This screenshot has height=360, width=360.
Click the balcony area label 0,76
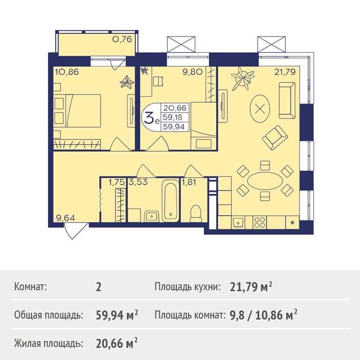[x=122, y=39]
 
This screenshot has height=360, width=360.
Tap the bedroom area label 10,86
[x=67, y=72]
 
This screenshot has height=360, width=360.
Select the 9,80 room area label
[x=193, y=72]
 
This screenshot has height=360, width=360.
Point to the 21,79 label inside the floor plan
[x=285, y=72]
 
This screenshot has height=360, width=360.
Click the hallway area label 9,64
[x=65, y=218]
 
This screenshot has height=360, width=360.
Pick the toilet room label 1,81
[x=189, y=182]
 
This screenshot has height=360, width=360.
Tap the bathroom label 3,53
[x=138, y=182]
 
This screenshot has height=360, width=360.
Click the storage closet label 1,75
[x=117, y=182]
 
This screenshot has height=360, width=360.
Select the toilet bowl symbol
[x=196, y=213]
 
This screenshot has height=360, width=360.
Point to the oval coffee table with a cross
[x=260, y=108]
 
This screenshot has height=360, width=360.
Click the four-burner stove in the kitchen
[x=260, y=222]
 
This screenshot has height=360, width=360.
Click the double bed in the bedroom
[x=77, y=110]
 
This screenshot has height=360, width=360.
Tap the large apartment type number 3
[x=149, y=117]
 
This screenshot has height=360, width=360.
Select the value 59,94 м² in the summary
[x=117, y=315]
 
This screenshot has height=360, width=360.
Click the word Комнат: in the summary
[x=31, y=287]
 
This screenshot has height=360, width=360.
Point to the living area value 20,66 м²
[x=117, y=343]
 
